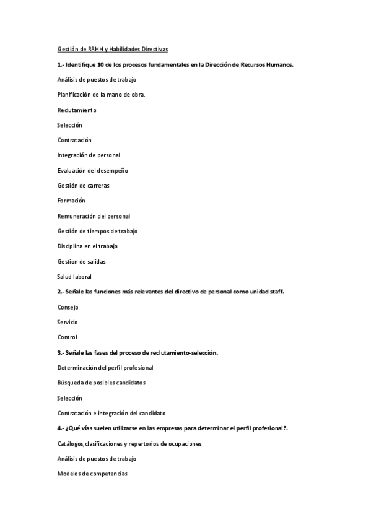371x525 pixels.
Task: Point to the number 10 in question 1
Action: point(99,64)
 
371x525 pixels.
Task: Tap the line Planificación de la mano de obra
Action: point(101,95)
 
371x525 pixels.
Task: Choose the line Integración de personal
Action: point(89,155)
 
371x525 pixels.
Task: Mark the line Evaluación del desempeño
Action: point(92,170)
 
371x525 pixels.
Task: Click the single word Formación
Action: point(71,201)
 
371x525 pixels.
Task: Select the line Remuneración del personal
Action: point(94,216)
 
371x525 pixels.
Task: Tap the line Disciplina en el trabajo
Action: point(87,246)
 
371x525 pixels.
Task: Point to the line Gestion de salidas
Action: point(81,261)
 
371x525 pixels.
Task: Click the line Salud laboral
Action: point(74,277)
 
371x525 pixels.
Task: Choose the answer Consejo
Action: point(68,307)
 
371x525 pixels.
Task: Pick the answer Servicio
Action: point(68,322)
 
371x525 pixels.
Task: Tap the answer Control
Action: point(67,337)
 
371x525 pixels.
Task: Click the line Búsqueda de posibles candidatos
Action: point(101,383)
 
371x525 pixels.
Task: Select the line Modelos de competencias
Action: point(94,474)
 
